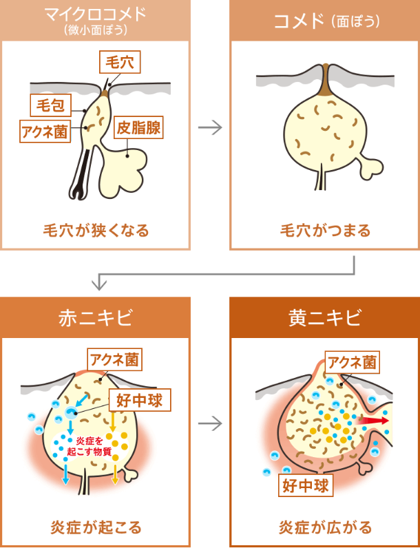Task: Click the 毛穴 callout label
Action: (120, 63)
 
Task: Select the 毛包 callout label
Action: (50, 105)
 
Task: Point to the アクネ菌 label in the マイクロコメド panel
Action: (46, 130)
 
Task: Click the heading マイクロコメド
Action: (96, 14)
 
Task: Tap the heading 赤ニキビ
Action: (95, 317)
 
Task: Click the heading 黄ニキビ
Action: (324, 317)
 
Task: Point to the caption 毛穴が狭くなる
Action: (96, 230)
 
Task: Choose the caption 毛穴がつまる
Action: (325, 230)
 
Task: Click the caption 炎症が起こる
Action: (96, 527)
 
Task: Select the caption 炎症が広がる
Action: (325, 527)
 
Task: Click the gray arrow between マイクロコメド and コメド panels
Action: (210, 128)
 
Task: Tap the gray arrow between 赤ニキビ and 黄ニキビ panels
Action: (210, 423)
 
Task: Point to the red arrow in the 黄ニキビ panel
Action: (372, 421)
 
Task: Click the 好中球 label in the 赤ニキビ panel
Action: (140, 400)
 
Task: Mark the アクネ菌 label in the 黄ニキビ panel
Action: (351, 362)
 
